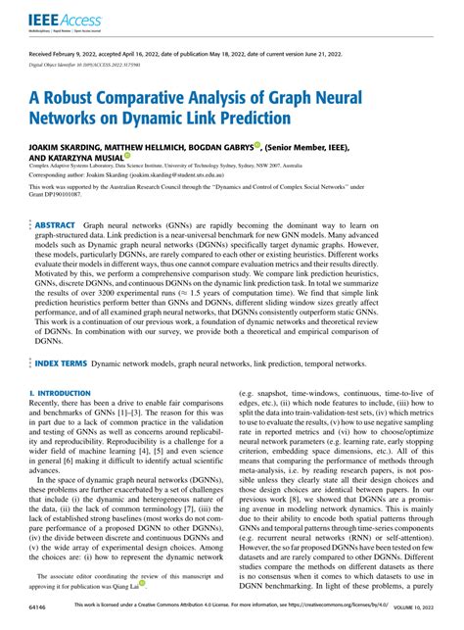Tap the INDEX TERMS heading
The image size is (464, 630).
click(59, 389)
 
